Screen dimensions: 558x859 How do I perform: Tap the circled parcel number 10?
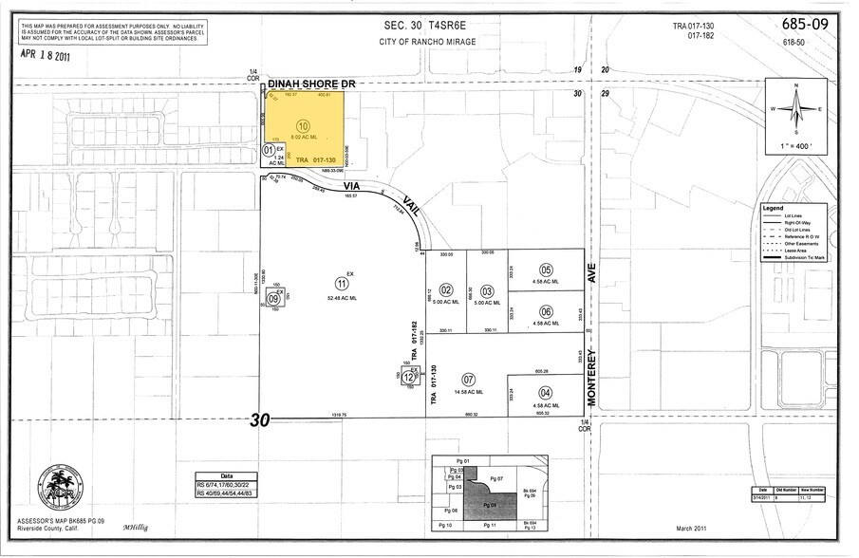point(303,125)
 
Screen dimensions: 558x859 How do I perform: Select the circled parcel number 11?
point(340,283)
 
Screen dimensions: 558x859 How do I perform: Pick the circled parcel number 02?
point(446,290)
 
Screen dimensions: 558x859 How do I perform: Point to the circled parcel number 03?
point(487,290)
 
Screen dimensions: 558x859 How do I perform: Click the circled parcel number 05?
point(546,270)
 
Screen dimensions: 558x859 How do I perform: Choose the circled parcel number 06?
point(546,311)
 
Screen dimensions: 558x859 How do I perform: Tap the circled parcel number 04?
point(545,393)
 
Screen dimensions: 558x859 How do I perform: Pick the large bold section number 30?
point(258,419)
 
